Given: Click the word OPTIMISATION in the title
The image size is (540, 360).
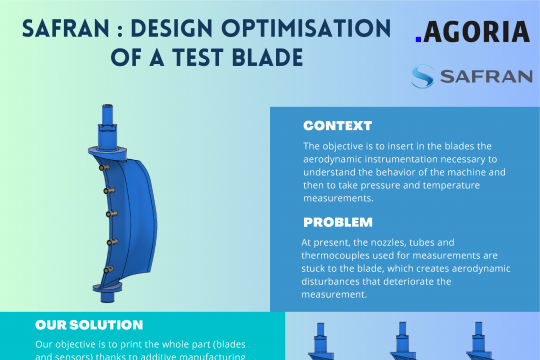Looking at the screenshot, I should tap(288, 28).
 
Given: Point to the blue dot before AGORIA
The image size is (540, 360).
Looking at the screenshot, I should tap(420, 42).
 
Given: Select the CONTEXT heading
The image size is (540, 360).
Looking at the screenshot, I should tap(337, 127).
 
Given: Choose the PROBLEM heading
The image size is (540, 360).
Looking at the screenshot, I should tap(338, 222).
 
